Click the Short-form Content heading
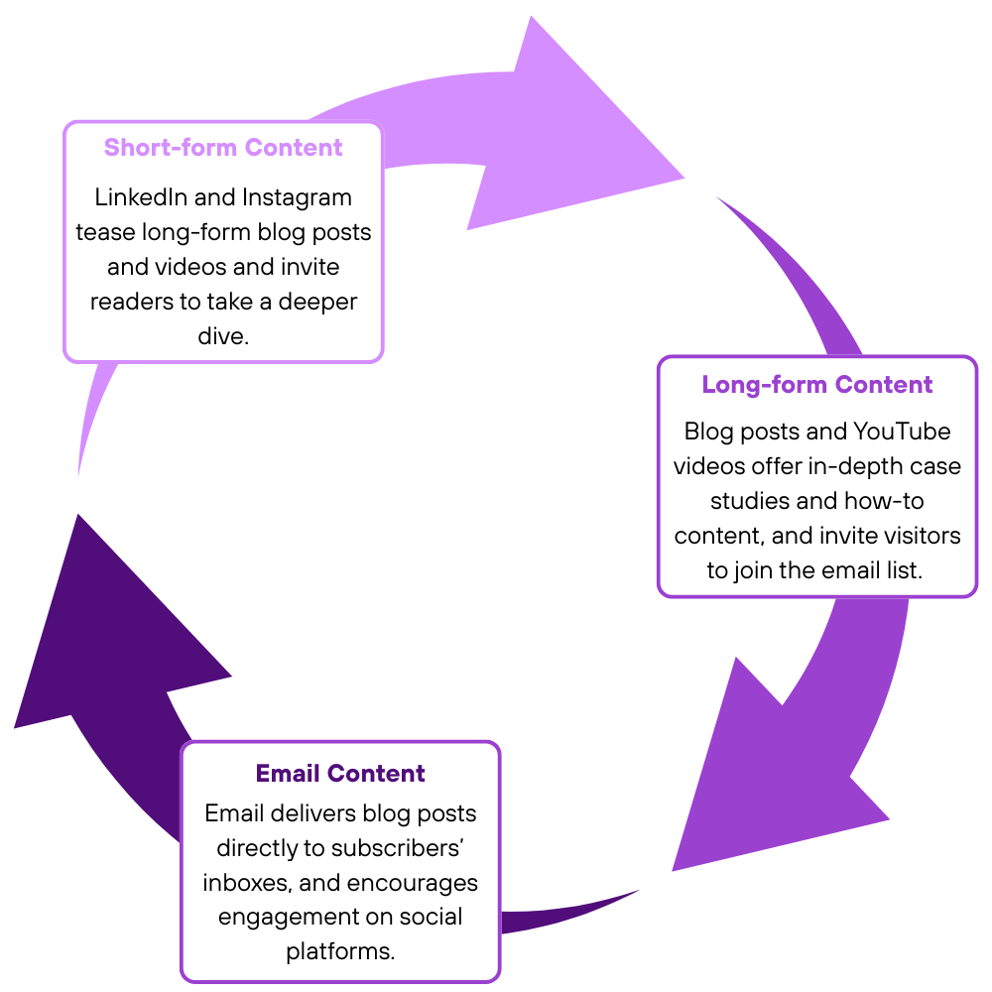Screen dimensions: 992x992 tap(223, 148)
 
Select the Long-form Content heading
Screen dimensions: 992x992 tap(817, 385)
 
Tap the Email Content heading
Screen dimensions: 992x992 tap(340, 774)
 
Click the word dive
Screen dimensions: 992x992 tap(222, 336)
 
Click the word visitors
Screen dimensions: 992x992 tap(914, 536)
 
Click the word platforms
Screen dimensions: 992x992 tap(340, 951)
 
